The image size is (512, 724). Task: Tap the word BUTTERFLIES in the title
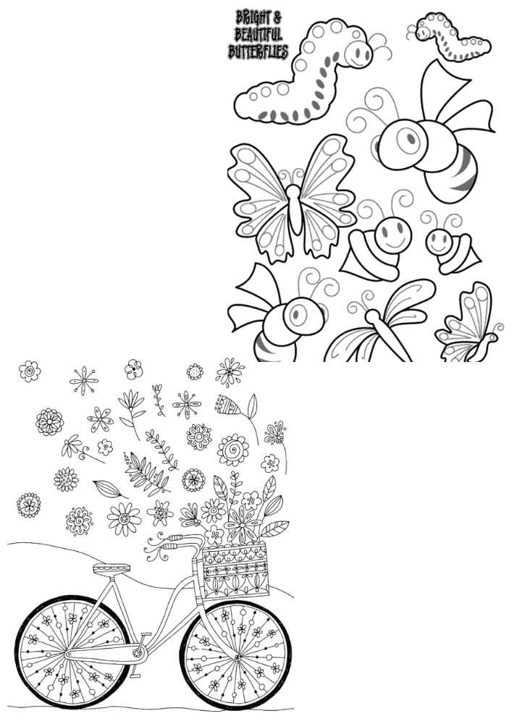[x=258, y=51]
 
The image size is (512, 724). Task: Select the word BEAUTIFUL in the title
[x=258, y=34]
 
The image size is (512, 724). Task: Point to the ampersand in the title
[x=277, y=18]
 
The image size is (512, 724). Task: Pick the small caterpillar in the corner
[x=453, y=36]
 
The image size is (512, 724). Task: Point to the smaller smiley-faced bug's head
[x=439, y=243]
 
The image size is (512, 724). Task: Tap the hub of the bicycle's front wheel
[x=237, y=657]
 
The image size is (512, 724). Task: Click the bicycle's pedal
[x=146, y=636]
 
